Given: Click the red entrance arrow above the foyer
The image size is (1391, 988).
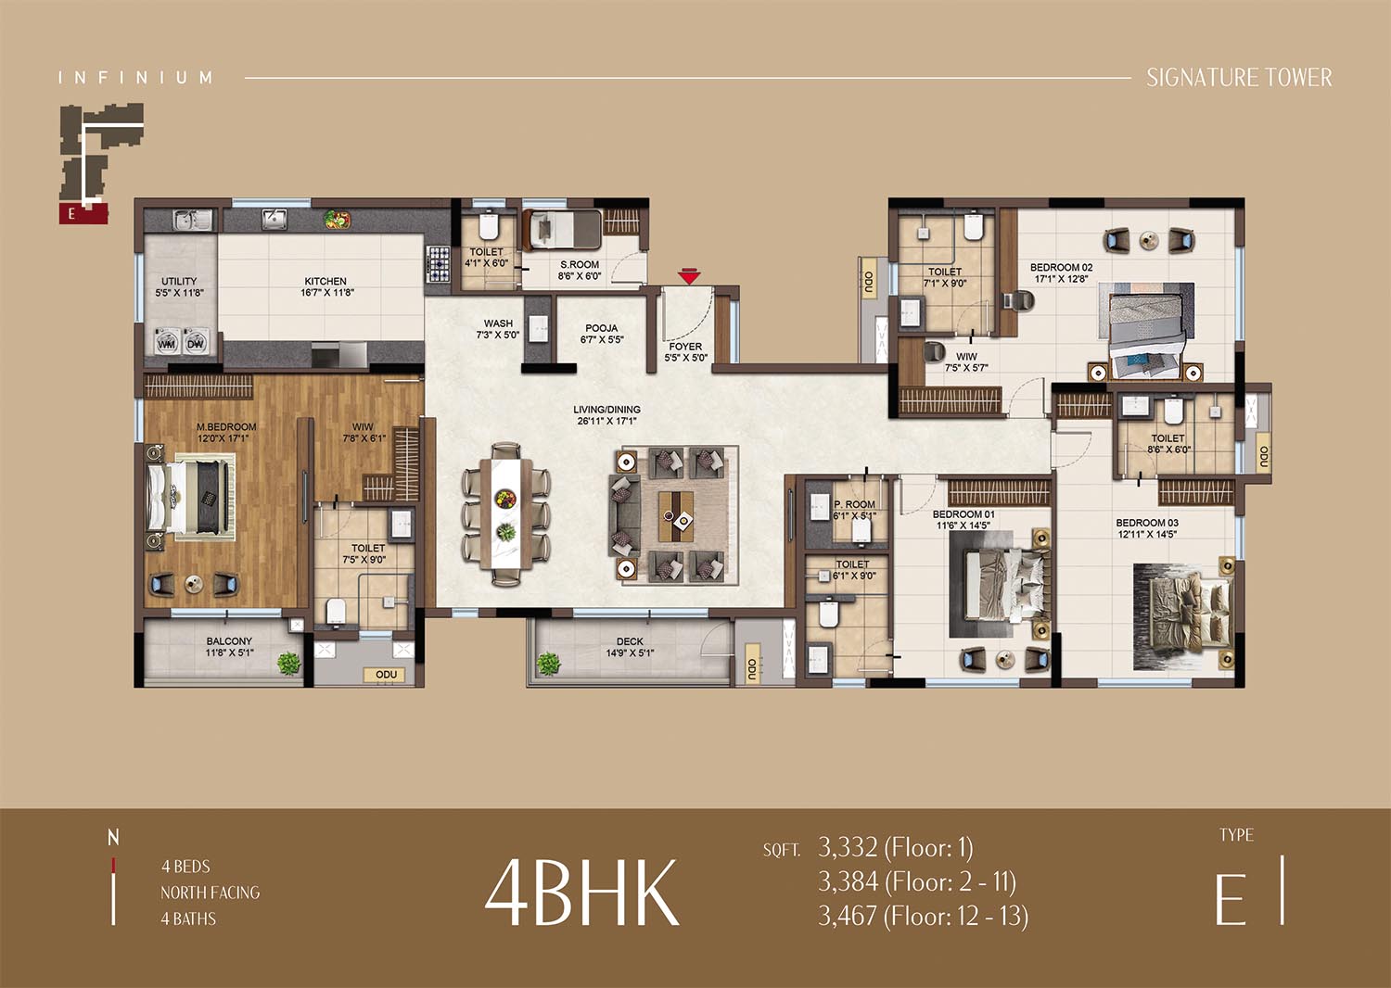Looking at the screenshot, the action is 689,276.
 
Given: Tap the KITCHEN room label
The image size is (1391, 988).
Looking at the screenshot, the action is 325,281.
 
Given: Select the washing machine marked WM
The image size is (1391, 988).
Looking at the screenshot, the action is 166,341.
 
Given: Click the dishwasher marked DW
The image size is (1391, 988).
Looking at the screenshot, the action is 196,341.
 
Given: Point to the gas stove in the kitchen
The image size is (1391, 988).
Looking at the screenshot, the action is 438,264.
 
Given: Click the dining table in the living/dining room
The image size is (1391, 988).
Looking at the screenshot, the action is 506,513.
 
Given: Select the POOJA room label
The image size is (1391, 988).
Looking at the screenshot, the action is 601,328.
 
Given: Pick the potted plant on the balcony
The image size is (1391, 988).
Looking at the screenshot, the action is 288,664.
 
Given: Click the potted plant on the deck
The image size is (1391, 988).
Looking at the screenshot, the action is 548,664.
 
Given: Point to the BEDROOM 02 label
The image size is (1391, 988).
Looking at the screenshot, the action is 1061,268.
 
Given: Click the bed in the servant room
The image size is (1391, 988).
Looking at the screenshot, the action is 562,230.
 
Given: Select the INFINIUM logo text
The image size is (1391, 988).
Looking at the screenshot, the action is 135,78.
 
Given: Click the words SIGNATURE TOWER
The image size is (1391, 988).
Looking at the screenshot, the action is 1239,78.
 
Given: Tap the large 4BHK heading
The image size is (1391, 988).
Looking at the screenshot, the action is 581,892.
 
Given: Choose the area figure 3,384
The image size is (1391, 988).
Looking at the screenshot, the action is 848,881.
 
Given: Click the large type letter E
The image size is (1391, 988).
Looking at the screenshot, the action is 1231,899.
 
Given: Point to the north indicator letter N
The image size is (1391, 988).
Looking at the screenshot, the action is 113,838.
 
